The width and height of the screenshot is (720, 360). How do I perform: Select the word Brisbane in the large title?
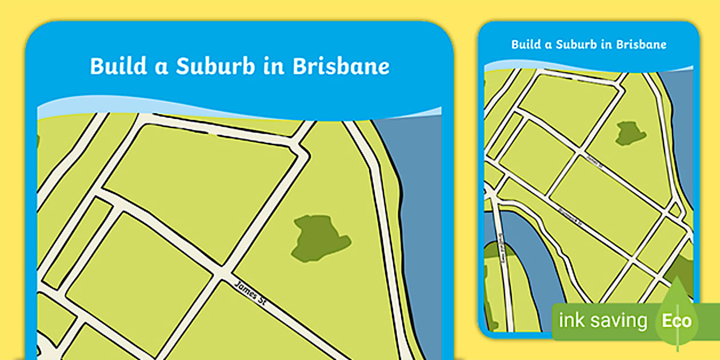point(341,66)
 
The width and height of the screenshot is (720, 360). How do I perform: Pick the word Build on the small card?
point(524,45)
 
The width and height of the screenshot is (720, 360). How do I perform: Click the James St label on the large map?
point(251,293)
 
